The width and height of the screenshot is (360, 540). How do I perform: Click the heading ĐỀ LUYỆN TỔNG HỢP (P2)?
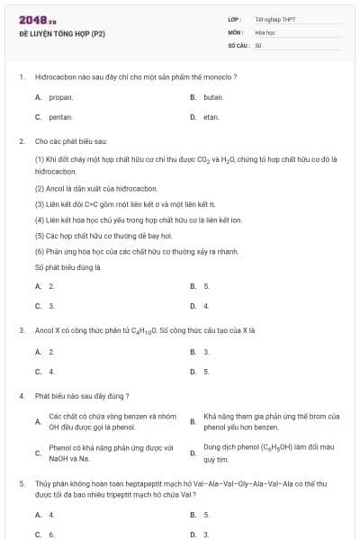(x=62, y=33)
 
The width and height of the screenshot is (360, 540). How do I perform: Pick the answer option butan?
(x=213, y=96)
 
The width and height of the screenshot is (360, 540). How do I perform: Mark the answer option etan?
(x=211, y=117)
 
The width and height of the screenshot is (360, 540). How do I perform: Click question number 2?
(x=21, y=141)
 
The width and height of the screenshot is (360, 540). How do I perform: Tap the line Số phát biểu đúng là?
(x=67, y=266)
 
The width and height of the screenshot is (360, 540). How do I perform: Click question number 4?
(x=21, y=396)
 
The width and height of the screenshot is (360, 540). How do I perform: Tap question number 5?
(x=21, y=483)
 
